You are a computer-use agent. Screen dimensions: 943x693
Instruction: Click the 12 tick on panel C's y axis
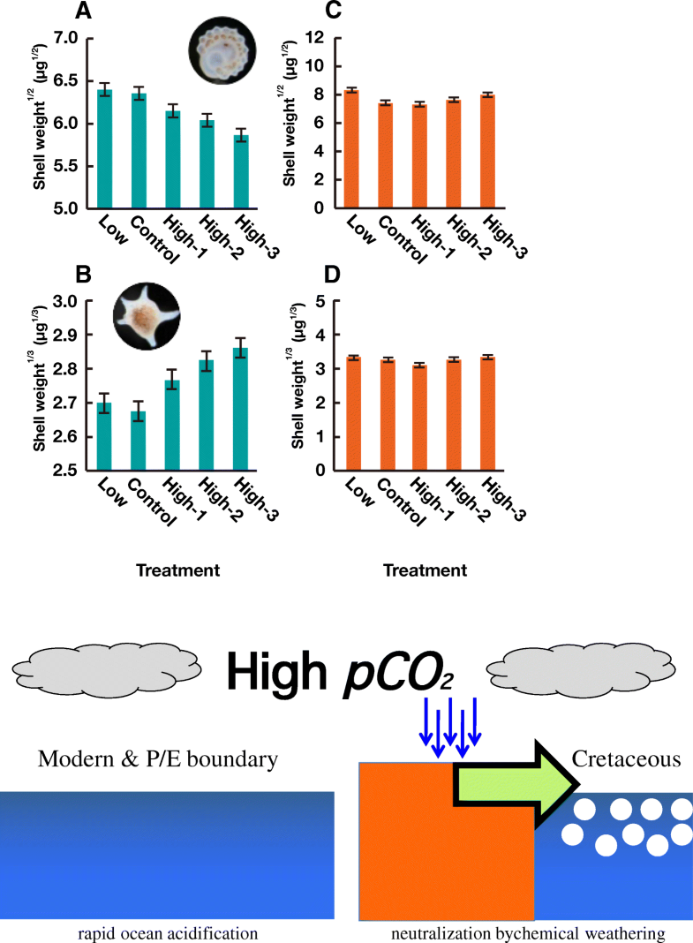tap(320, 38)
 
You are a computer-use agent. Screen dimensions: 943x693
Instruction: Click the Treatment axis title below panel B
tap(177, 571)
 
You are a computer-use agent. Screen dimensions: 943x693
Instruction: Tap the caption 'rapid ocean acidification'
tap(166, 933)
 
